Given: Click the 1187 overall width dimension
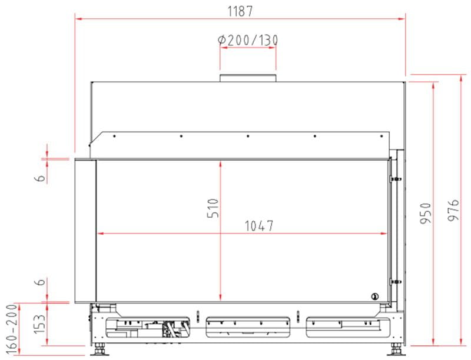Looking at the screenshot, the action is (240, 11).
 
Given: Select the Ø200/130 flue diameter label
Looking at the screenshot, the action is (248, 40).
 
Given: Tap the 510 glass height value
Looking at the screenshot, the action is (213, 208).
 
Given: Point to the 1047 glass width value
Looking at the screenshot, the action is (259, 226).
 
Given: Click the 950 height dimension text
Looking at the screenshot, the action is (426, 214).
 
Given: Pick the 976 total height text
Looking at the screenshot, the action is (453, 209).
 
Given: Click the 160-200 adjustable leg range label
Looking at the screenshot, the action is (12, 329).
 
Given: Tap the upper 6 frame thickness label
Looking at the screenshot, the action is (41, 178).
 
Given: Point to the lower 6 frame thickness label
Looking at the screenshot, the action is (41, 282).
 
